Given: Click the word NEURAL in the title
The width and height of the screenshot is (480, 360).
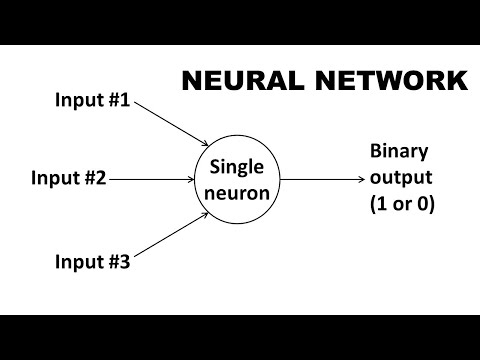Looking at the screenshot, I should (236, 80).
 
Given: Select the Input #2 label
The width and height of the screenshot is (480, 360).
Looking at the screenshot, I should (68, 180).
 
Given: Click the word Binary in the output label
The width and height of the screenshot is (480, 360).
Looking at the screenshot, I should (398, 152).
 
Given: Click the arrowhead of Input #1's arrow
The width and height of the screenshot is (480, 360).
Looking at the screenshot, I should (204, 145).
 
